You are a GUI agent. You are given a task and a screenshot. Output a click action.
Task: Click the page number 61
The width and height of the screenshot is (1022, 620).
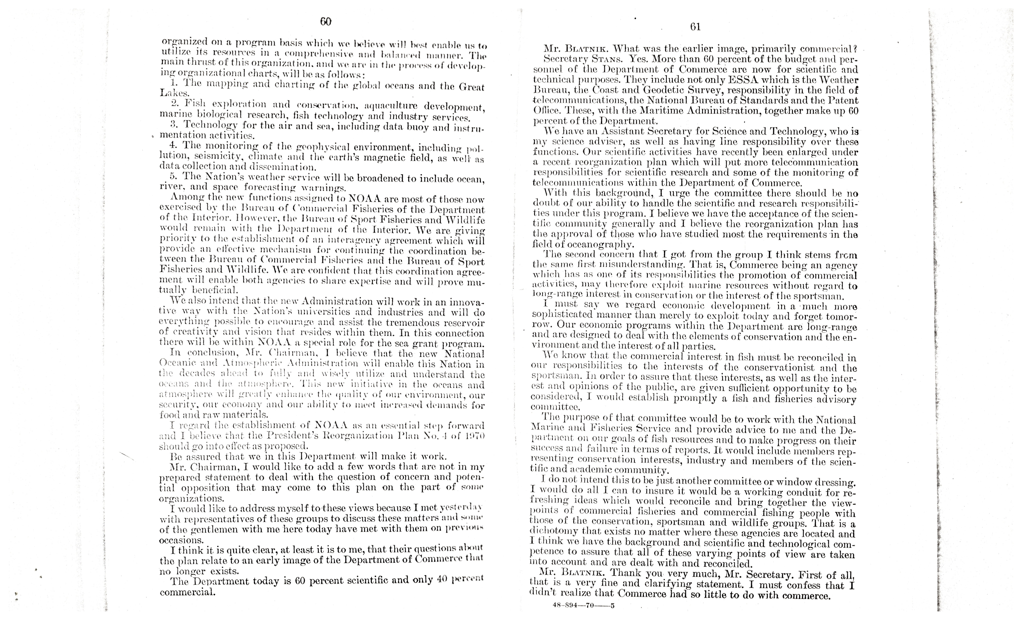[x=696, y=27]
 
